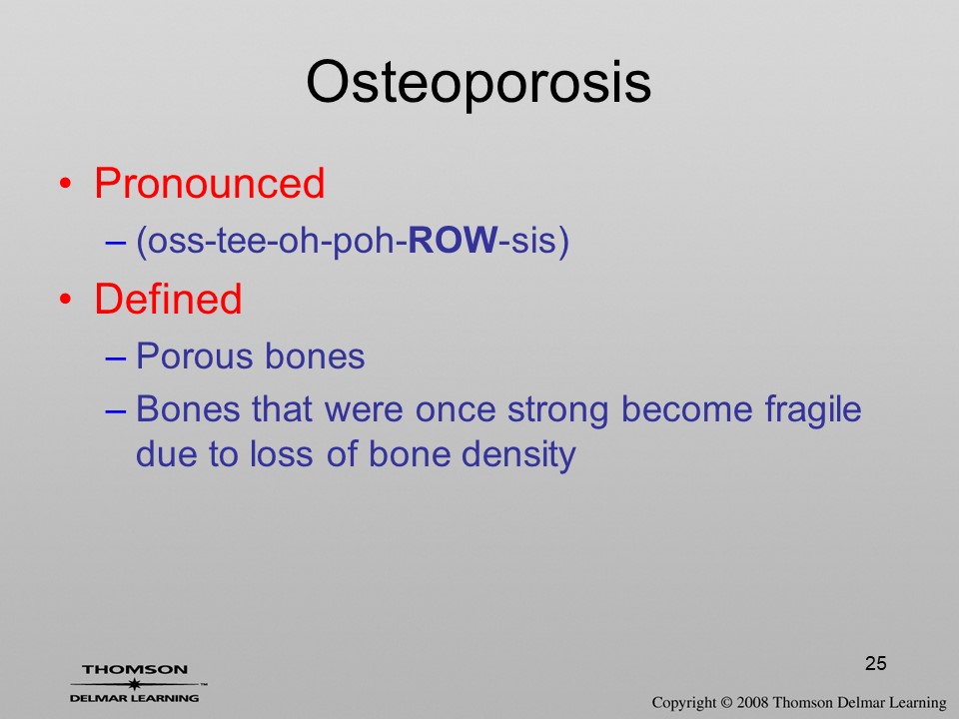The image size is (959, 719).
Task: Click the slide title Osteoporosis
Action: point(479,83)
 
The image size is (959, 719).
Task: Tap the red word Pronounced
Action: point(209,183)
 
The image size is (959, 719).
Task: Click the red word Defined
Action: point(168,299)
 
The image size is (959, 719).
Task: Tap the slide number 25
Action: point(876,663)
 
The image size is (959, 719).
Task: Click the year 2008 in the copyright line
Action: point(753,703)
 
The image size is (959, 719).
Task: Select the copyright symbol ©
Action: point(726,703)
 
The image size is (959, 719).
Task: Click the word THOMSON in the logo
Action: point(135,669)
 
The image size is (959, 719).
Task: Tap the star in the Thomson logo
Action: point(135,684)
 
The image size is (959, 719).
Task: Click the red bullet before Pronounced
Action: point(66,184)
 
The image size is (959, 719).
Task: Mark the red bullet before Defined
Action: point(66,299)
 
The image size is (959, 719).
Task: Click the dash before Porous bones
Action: point(115,358)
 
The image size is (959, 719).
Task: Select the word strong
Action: point(557,410)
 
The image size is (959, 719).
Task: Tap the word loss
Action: point(281,454)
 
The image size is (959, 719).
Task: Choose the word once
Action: point(456,410)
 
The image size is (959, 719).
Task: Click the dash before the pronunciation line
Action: point(115,242)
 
